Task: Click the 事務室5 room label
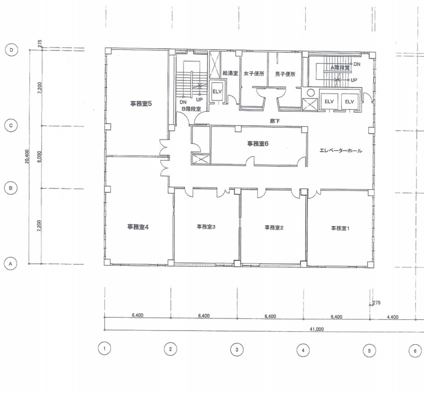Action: pyautogui.click(x=141, y=103)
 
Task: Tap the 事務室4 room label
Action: pyautogui.click(x=138, y=227)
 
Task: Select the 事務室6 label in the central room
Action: pyautogui.click(x=258, y=143)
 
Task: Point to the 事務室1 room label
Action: pyautogui.click(x=340, y=229)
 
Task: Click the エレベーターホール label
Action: pyautogui.click(x=341, y=151)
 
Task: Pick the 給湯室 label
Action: pyautogui.click(x=230, y=73)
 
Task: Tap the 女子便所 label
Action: pyautogui.click(x=254, y=73)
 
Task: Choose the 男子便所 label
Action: pyautogui.click(x=285, y=74)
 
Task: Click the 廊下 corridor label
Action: pyautogui.click(x=275, y=121)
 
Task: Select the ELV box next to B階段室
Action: pyautogui.click(x=217, y=91)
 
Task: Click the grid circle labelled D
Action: pyautogui.click(x=11, y=50)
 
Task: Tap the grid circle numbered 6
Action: pyautogui.click(x=415, y=351)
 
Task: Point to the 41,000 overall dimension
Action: pyautogui.click(x=316, y=329)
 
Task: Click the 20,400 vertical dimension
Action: pyautogui.click(x=27, y=157)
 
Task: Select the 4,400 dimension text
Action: pyautogui.click(x=393, y=317)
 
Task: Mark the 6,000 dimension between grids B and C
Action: pyautogui.click(x=39, y=157)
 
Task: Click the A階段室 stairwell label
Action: pyautogui.click(x=340, y=68)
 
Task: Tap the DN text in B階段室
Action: pyautogui.click(x=183, y=102)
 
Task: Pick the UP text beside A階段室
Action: pyautogui.click(x=354, y=80)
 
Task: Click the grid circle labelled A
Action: pyautogui.click(x=11, y=264)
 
